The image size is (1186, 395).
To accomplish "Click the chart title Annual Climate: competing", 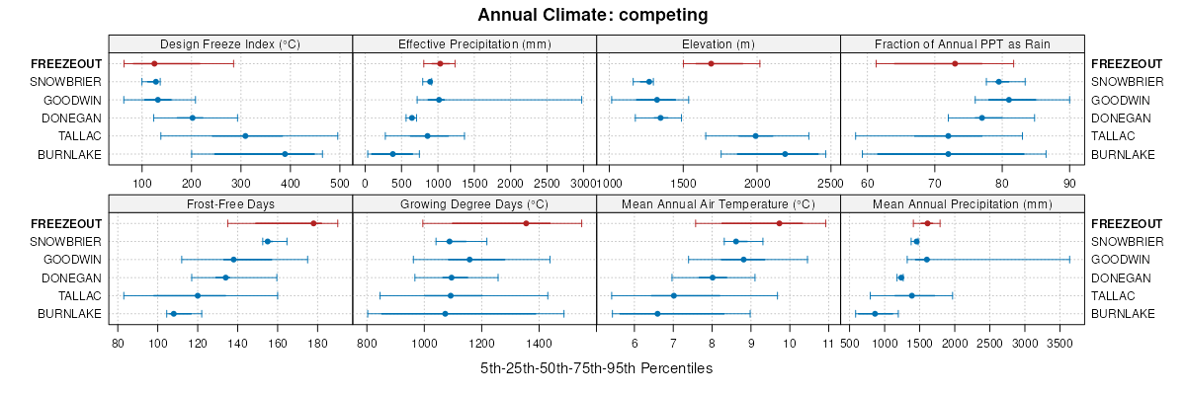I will pyautogui.click(x=593, y=15).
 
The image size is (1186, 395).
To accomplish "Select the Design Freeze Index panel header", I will pyautogui.click(x=230, y=43).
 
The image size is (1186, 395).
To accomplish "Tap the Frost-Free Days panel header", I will pyautogui.click(x=230, y=203).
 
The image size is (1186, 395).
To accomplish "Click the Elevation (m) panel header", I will pyautogui.click(x=719, y=43).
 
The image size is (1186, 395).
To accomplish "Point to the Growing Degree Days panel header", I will pyautogui.click(x=474, y=203).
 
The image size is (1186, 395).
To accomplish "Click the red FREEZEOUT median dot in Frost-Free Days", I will pyautogui.click(x=313, y=223).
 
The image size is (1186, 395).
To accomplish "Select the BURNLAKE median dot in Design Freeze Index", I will pyautogui.click(x=285, y=154).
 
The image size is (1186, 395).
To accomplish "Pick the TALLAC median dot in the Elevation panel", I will pyautogui.click(x=756, y=136).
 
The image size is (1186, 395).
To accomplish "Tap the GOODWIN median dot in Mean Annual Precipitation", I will pyautogui.click(x=926, y=260).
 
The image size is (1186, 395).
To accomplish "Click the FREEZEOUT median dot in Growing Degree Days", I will pyautogui.click(x=526, y=223).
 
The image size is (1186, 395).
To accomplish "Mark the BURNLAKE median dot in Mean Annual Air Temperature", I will pyautogui.click(x=657, y=314).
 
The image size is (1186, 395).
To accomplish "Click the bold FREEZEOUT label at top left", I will pyautogui.click(x=72, y=63).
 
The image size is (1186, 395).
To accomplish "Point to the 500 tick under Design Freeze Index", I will pyautogui.click(x=339, y=183).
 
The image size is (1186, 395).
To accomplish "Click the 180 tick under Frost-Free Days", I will pyautogui.click(x=318, y=343).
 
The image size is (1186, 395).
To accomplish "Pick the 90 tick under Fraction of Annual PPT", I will pyautogui.click(x=1069, y=183).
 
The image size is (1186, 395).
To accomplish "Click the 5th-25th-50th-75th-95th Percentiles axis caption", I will pyautogui.click(x=596, y=368).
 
